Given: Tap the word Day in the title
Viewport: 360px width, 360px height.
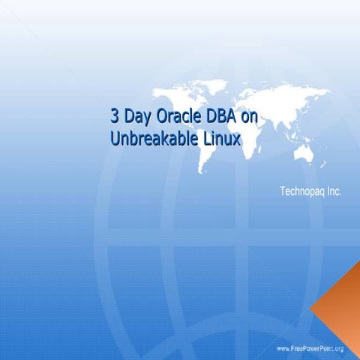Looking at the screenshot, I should [x=136, y=118].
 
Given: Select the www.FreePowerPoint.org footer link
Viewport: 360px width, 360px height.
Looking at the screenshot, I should [x=310, y=349].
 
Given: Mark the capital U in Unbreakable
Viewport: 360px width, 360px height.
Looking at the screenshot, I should [x=115, y=138].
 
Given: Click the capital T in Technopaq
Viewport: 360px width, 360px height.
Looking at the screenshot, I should [x=283, y=192].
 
